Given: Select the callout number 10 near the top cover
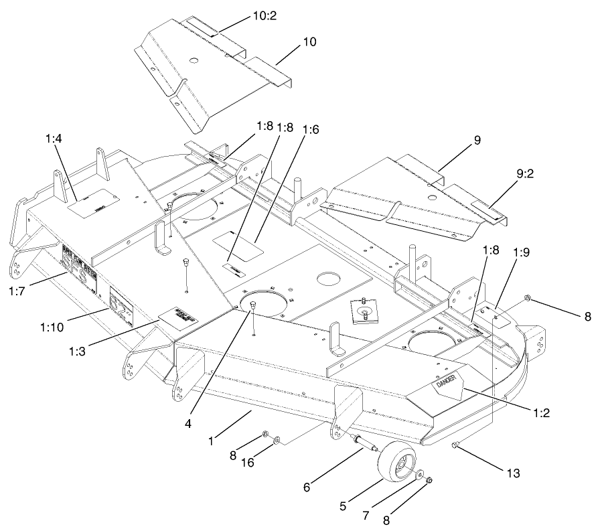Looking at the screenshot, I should [x=309, y=42].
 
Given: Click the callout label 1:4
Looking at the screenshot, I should [x=54, y=139].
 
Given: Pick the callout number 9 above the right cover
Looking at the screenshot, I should [x=477, y=140].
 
